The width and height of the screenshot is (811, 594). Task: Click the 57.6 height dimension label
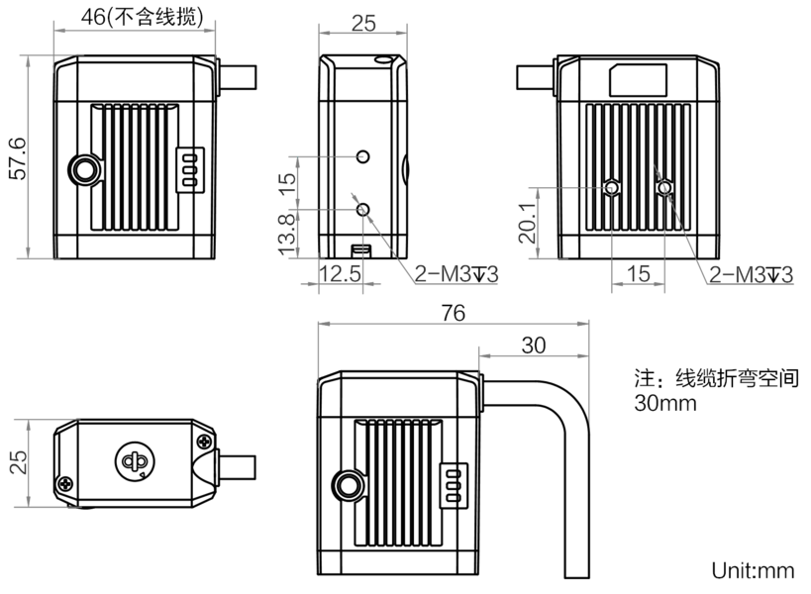[18, 158]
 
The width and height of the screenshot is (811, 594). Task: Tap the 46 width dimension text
[93, 17]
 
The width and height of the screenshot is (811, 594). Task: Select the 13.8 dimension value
[287, 236]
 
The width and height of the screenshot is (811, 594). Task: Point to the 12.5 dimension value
[340, 273]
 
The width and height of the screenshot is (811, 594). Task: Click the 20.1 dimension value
[527, 223]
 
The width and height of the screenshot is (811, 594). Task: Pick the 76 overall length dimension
[454, 313]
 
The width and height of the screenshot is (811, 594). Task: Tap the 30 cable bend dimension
[534, 346]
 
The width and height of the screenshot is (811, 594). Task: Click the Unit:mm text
[753, 571]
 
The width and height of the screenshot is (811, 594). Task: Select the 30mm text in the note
[665, 403]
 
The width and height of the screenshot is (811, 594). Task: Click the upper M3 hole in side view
[363, 156]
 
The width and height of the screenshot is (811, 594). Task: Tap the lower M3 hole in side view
[363, 209]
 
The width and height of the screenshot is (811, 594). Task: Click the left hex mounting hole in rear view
[611, 187]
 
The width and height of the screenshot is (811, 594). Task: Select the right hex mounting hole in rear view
[664, 187]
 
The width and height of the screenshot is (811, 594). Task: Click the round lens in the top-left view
[85, 169]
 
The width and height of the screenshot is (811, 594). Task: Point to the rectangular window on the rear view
[639, 80]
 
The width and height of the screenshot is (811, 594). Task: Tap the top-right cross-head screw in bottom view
[205, 441]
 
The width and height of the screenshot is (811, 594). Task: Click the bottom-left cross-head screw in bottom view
[65, 484]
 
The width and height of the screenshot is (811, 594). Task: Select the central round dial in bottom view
[135, 460]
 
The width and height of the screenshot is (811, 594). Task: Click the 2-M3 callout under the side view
[456, 274]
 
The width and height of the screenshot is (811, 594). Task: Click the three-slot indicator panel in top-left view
[190, 170]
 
